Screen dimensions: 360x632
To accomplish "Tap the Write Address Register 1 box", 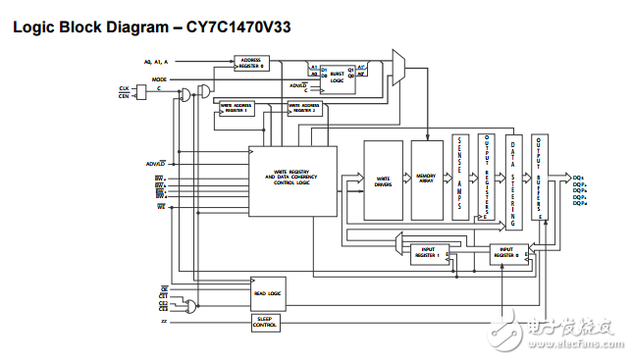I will click(x=236, y=108).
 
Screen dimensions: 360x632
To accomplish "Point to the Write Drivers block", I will click(x=383, y=180).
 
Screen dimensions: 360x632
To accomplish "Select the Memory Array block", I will click(x=427, y=180).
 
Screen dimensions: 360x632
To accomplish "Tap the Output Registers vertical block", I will click(x=486, y=177).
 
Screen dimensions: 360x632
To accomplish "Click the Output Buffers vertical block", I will click(x=540, y=177).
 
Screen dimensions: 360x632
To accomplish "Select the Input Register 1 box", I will click(x=428, y=254).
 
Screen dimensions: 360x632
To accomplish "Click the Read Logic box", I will click(x=267, y=292).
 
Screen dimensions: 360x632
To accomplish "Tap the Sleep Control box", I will click(x=266, y=320).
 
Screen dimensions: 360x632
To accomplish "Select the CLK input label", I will click(x=125, y=88).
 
